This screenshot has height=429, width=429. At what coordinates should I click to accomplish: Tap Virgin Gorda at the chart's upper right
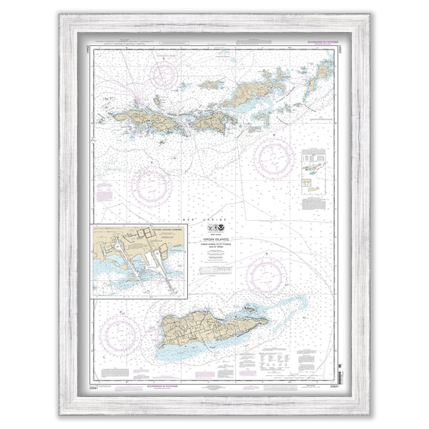tap(322, 71)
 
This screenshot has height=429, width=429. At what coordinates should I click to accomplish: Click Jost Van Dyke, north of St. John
tap(211, 84)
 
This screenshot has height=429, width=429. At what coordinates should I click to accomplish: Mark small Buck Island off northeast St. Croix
tap(249, 308)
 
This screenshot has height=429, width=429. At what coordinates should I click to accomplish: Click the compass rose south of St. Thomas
tap(150, 185)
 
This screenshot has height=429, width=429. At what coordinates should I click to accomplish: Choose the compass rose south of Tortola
tap(274, 158)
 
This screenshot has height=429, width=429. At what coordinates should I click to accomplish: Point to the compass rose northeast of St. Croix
tap(267, 277)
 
